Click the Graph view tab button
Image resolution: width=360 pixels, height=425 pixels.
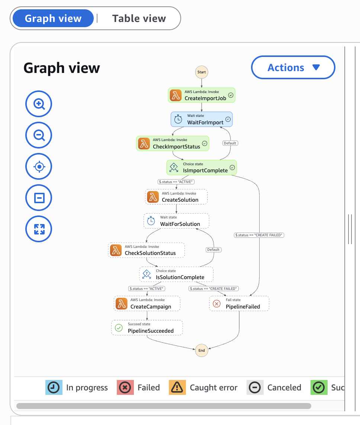(53, 19)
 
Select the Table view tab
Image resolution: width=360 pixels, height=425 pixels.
(139, 19)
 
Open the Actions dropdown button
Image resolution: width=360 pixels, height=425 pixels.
(293, 67)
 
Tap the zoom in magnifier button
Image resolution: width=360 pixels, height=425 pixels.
(39, 104)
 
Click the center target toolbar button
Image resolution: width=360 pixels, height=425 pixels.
(39, 166)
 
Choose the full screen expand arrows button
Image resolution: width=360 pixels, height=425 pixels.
(39, 229)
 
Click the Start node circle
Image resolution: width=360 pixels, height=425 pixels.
(202, 72)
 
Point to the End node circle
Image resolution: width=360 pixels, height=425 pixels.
(202, 350)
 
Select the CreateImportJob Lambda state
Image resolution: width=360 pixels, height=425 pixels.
(202, 95)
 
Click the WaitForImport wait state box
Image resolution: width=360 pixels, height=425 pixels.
(202, 119)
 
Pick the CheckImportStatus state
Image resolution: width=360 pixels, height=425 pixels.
(173, 143)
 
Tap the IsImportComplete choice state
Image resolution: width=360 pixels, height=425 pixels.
(201, 167)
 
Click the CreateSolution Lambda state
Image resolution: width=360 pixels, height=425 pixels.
(176, 197)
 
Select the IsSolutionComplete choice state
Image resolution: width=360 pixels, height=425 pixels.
(176, 274)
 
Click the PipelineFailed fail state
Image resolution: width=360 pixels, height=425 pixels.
(239, 304)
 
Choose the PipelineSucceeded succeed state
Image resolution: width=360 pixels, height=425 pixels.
(147, 328)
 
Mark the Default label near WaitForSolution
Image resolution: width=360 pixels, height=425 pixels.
(213, 250)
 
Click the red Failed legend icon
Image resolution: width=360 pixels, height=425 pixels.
(125, 387)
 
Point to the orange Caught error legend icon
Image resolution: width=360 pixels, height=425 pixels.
(177, 387)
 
